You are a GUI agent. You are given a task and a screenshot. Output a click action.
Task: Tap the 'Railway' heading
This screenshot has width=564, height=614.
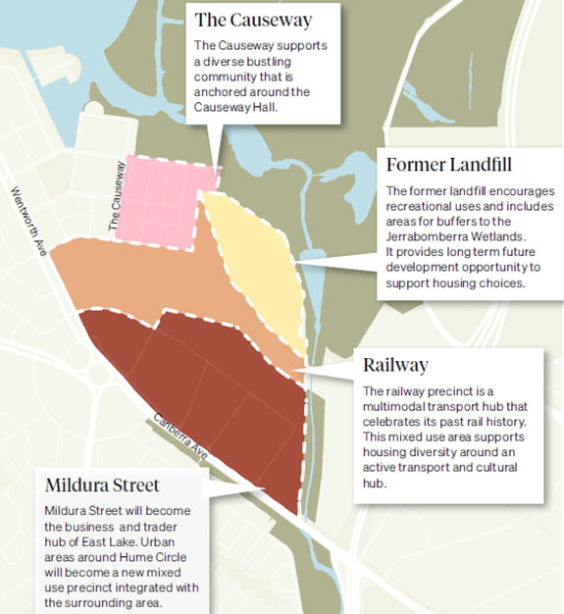[395, 365]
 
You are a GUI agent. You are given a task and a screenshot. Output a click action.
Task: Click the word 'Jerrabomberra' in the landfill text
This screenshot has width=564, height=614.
[426, 236]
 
